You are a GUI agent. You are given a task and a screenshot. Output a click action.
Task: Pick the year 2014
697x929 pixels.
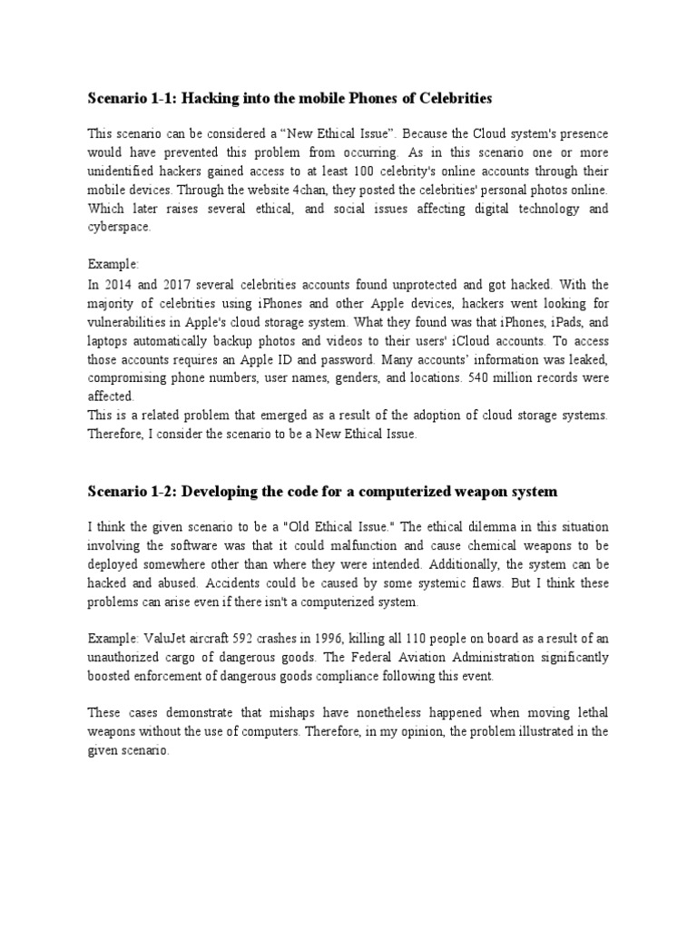116,284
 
